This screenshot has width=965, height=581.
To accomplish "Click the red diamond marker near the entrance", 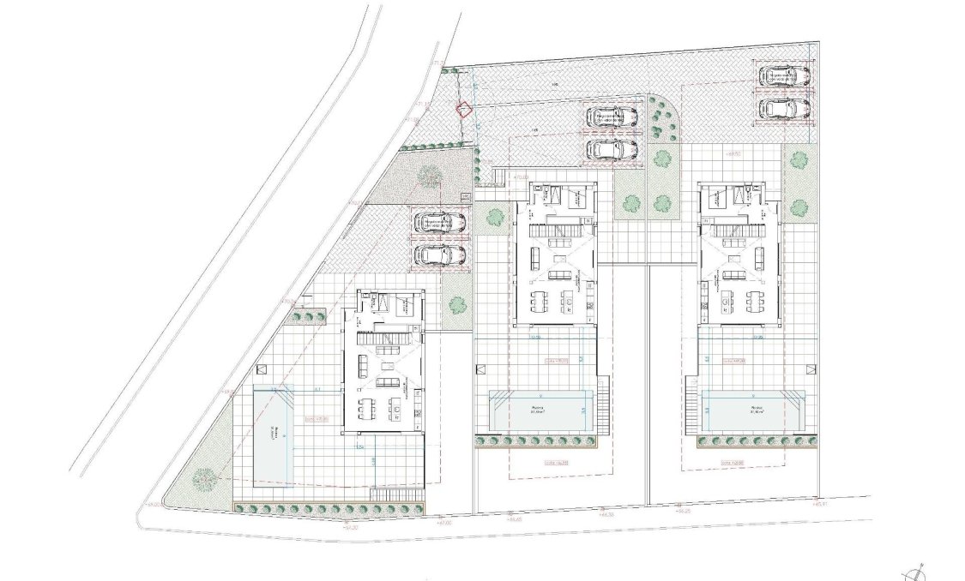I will point(463,110).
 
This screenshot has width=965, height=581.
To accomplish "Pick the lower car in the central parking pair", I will point(612,149).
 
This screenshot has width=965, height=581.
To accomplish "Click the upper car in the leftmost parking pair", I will point(440,223).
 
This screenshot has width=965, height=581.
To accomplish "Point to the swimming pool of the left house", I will point(275,434).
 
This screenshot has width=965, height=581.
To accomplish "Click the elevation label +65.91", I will point(822,504).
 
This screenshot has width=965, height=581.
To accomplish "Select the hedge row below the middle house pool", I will point(537,441).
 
